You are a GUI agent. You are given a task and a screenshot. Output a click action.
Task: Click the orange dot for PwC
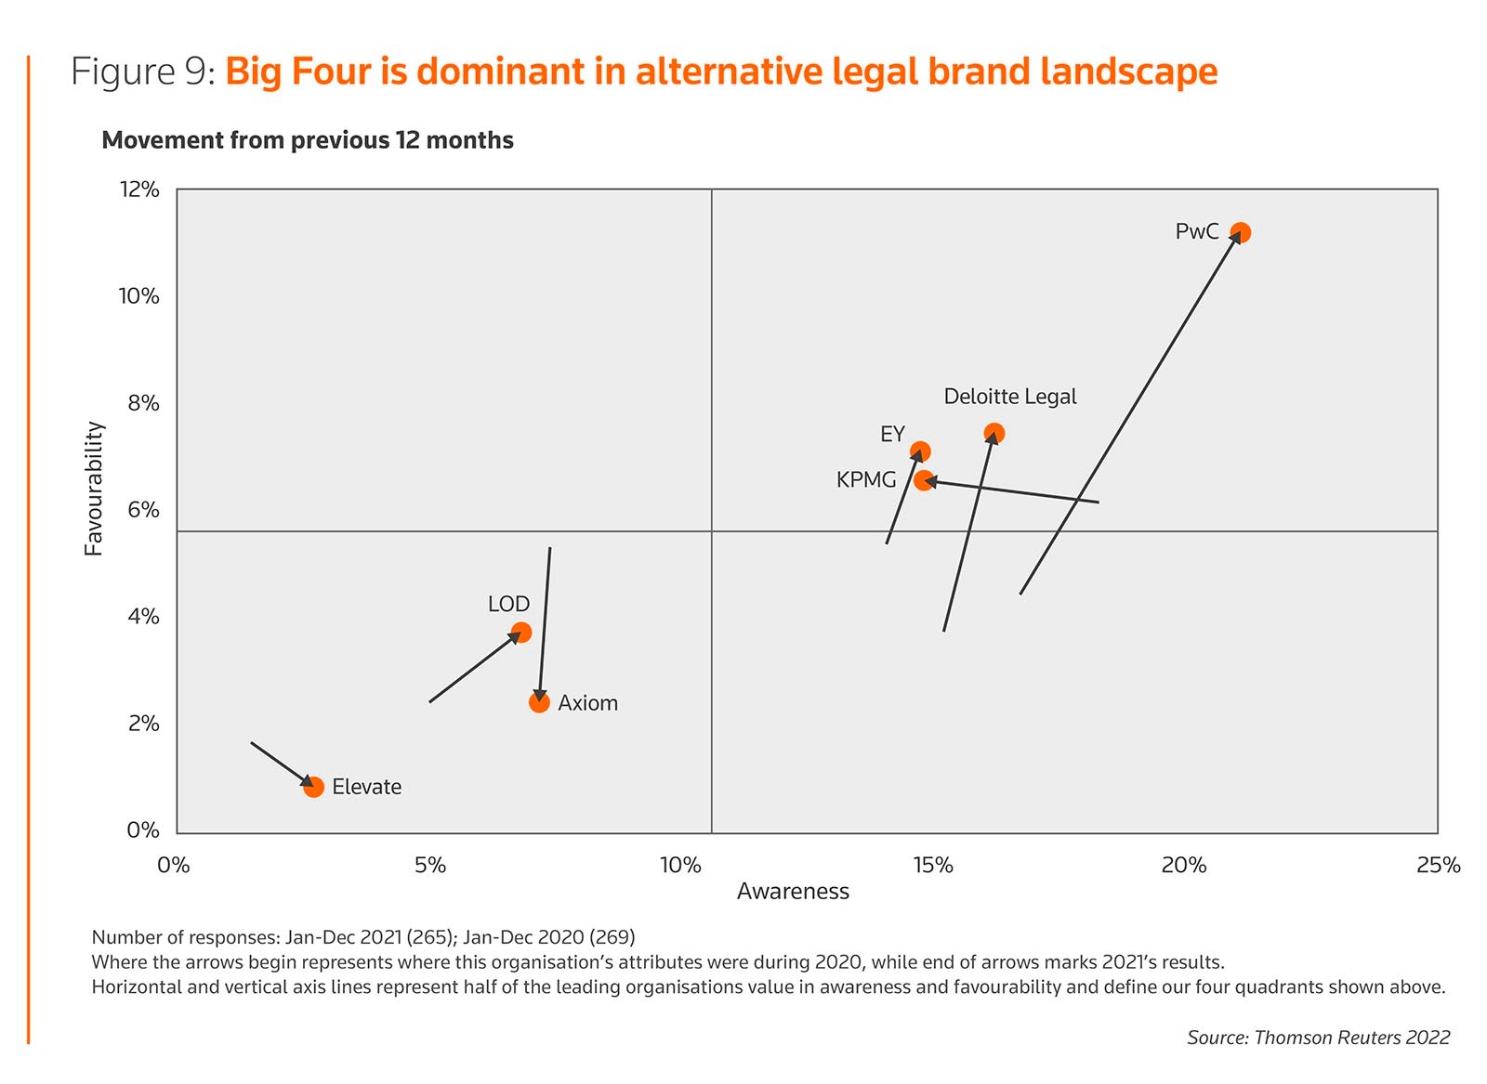point(1240,232)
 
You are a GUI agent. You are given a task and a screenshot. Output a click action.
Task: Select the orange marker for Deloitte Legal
point(994,434)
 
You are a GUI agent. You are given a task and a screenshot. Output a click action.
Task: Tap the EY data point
point(920,452)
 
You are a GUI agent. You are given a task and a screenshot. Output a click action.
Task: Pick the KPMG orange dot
point(924,480)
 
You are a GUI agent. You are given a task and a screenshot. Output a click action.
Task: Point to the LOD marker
point(521,633)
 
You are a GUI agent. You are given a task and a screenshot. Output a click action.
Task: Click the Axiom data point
point(539,702)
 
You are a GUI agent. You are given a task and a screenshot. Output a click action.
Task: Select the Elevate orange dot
point(314,787)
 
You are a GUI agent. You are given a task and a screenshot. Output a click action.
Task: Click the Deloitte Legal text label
point(1009,397)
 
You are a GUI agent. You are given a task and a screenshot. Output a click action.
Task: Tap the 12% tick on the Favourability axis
point(139,189)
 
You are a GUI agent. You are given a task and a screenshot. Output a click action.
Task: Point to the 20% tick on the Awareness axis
point(1184,866)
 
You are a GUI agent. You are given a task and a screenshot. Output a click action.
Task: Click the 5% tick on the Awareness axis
point(430,866)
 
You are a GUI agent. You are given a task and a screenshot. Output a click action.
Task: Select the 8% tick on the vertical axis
point(143,403)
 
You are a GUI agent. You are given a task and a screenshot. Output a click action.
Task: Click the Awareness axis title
point(793,892)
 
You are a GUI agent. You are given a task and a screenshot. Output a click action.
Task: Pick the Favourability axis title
point(94,489)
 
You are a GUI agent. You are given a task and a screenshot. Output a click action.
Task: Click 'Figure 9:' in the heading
point(143,72)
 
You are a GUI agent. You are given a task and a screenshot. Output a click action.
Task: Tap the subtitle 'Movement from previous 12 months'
point(308,140)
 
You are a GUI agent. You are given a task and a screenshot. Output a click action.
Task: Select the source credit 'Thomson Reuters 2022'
point(1351,1038)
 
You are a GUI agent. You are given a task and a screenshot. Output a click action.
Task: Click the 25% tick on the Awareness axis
point(1438,866)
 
